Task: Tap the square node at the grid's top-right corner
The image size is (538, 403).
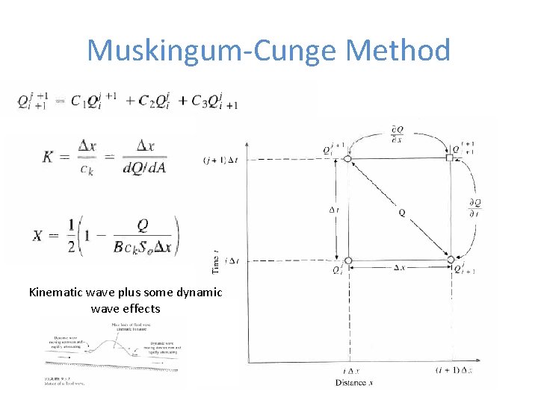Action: click(450, 158)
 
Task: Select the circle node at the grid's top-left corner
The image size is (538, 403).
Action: click(347, 158)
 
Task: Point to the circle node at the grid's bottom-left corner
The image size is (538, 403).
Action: click(348, 260)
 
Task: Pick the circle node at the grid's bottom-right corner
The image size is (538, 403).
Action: click(450, 260)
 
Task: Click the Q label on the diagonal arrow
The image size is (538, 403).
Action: click(403, 213)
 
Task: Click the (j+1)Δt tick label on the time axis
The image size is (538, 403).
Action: click(220, 159)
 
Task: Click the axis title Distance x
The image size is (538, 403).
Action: click(355, 383)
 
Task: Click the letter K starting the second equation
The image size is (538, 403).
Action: click(47, 157)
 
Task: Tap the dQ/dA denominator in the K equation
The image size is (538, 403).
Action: click(144, 167)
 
